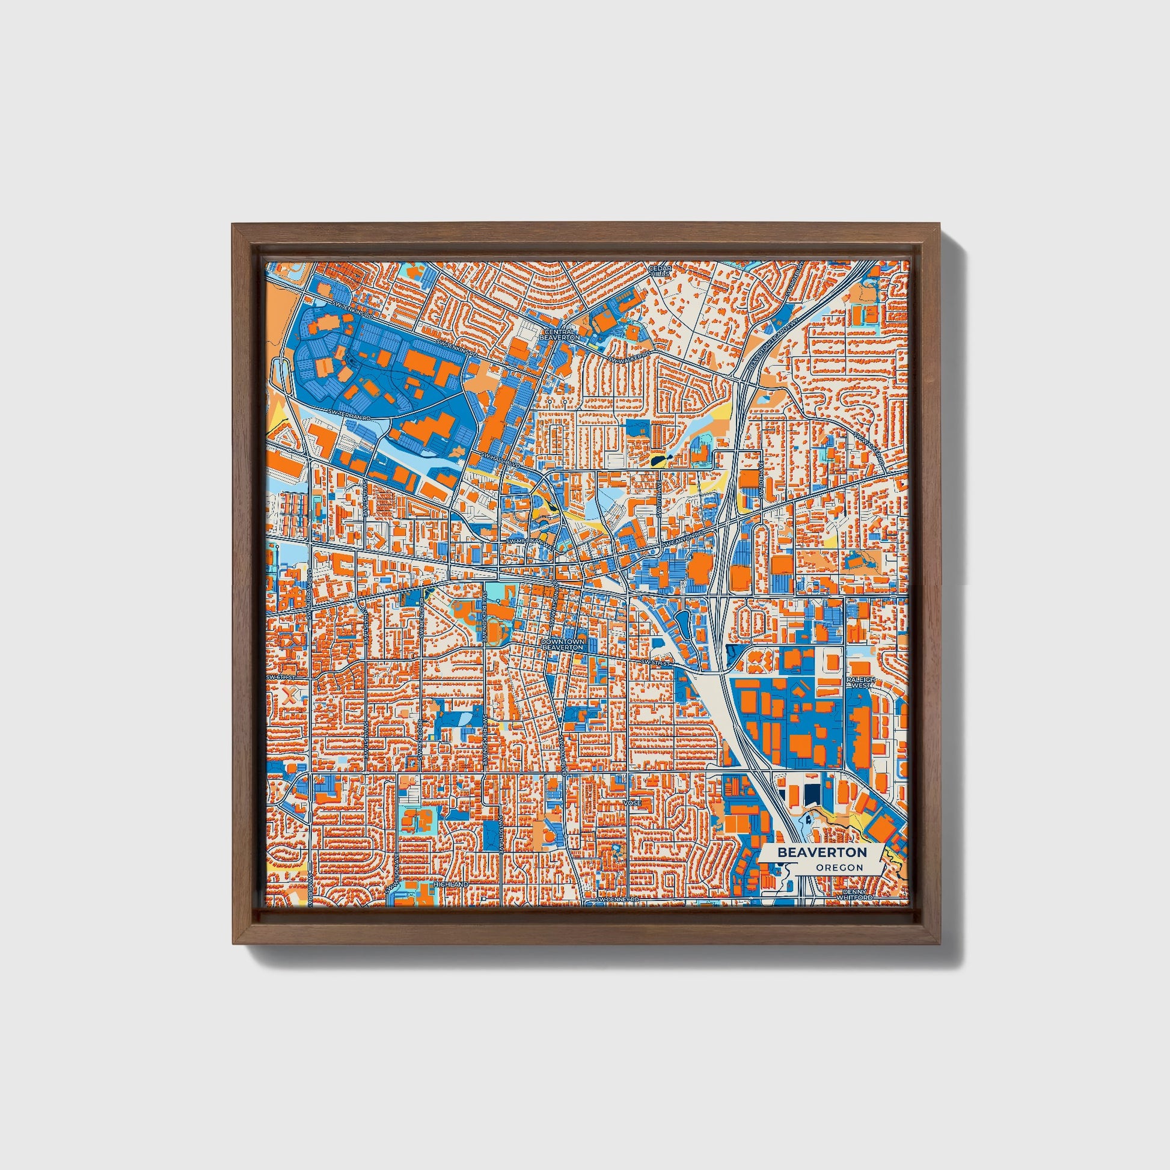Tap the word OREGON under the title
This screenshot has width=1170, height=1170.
(839, 868)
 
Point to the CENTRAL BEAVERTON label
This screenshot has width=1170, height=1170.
(563, 334)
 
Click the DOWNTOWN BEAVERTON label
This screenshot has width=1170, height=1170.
(563, 644)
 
